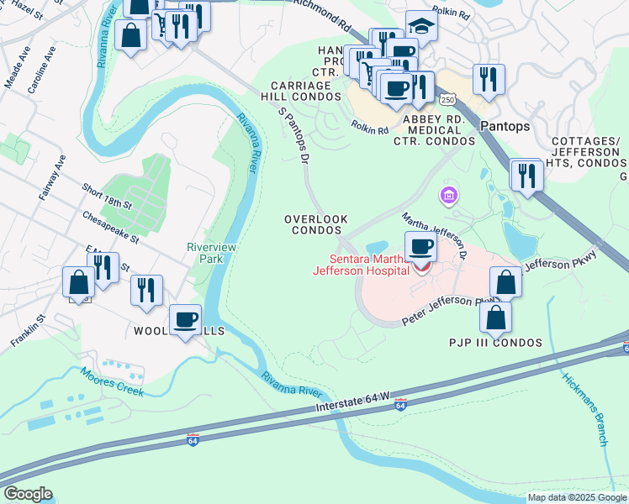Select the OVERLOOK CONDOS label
(316, 224)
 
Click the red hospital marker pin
(421, 267)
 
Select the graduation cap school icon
(421, 27)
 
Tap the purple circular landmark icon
(449, 197)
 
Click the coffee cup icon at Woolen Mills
(185, 320)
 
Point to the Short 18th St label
(107, 199)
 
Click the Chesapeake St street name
(111, 228)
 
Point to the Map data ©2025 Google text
(577, 497)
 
